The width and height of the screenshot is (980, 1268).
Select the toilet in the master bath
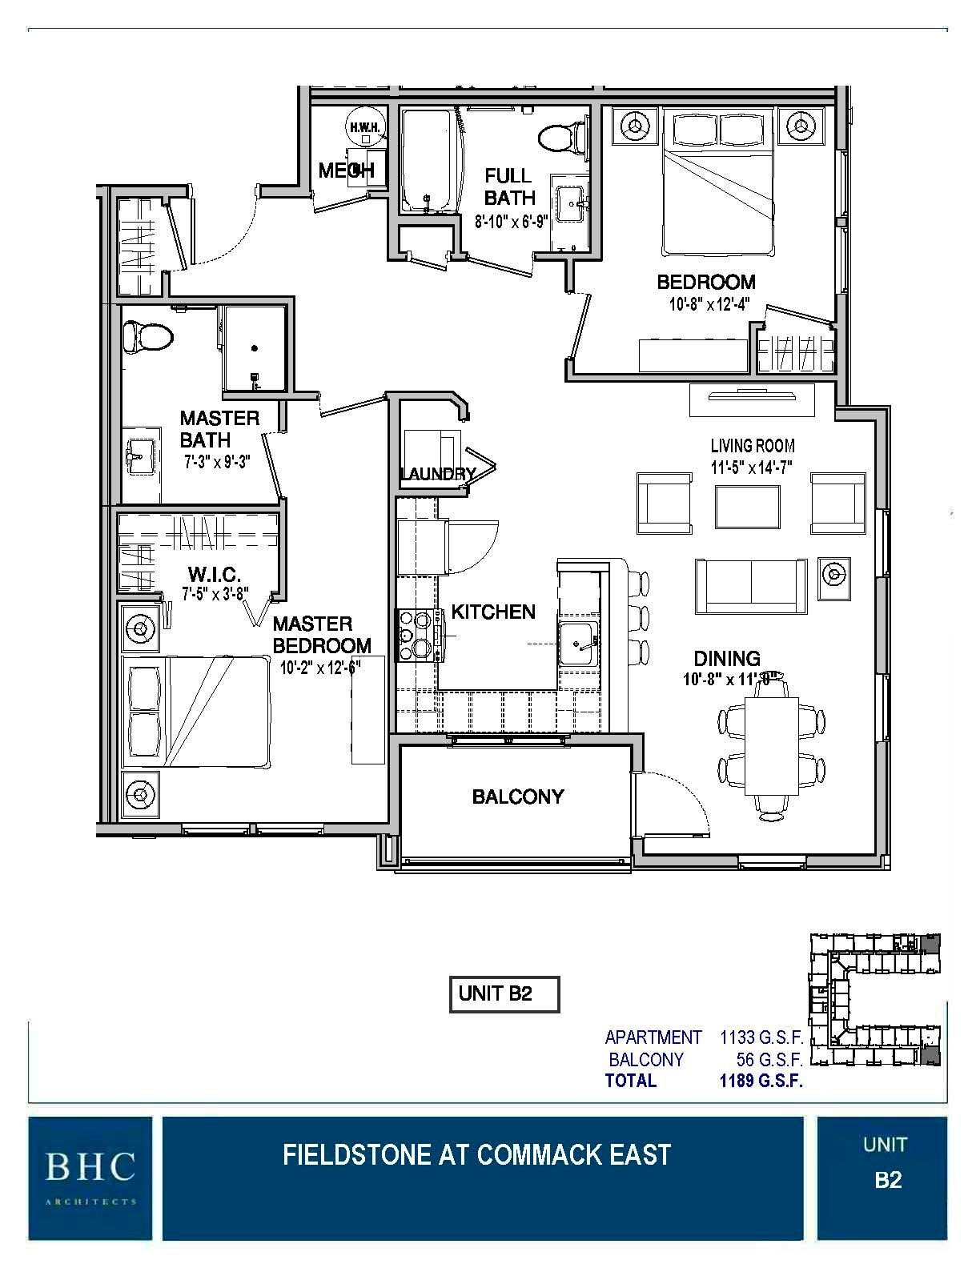147,336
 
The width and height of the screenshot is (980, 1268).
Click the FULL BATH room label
508,187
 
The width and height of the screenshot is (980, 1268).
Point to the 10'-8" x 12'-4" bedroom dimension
705,304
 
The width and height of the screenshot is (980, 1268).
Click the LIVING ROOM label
752,446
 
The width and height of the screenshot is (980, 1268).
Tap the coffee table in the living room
748,507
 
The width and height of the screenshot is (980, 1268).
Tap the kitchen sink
578,643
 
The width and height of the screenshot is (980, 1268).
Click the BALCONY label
517,797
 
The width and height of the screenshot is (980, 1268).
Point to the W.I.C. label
215,576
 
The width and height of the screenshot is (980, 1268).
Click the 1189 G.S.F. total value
761,1081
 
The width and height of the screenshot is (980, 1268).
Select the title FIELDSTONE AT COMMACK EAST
476,1155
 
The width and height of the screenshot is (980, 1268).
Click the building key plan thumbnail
875,1001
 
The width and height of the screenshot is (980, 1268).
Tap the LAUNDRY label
436,474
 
